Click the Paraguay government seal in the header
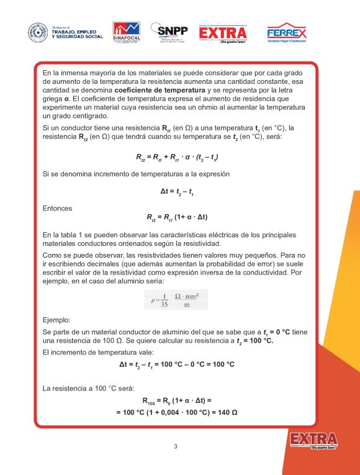click(x=38, y=32)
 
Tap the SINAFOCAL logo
click(x=127, y=33)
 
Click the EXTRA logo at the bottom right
click(x=313, y=441)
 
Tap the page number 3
click(x=176, y=447)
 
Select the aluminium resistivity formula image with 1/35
click(x=176, y=300)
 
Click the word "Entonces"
click(x=57, y=209)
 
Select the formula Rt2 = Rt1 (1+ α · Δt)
click(x=176, y=218)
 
